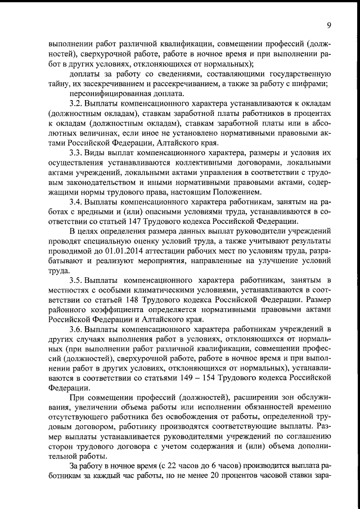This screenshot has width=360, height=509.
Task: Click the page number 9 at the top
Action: (328, 25)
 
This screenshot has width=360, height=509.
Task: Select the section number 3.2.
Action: (76, 105)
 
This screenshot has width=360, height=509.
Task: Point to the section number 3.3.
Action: (76, 154)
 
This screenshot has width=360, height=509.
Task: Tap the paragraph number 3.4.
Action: (76, 202)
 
